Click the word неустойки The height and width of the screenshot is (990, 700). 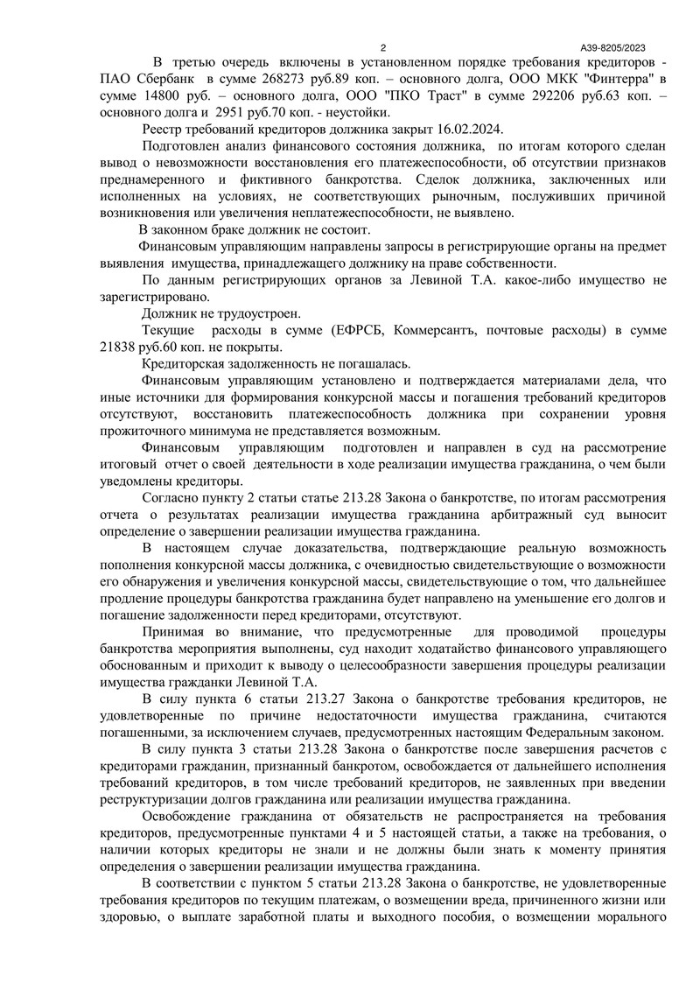(357, 111)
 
